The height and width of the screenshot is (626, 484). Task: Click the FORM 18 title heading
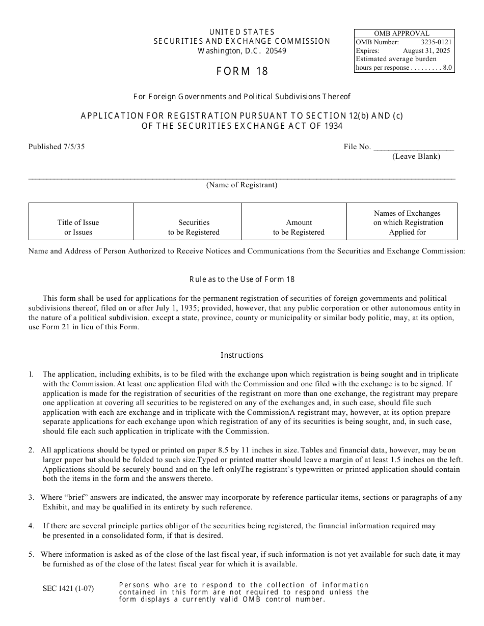tap(242, 71)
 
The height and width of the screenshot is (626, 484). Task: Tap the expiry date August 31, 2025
tap(426, 51)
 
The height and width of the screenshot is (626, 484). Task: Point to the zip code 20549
tap(276, 51)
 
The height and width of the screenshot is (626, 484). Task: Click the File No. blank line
tap(414, 148)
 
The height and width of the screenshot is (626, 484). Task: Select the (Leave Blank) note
tap(416, 156)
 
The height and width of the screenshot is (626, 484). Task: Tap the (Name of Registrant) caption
tap(241, 185)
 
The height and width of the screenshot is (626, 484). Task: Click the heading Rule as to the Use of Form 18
tap(242, 279)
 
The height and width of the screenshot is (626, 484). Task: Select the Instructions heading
tap(242, 355)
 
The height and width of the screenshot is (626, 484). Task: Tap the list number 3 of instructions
tap(31, 497)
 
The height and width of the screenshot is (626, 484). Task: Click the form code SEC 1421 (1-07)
tap(68, 589)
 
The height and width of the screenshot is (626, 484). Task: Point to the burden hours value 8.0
tap(447, 68)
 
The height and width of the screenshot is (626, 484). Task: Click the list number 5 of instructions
tap(31, 554)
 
